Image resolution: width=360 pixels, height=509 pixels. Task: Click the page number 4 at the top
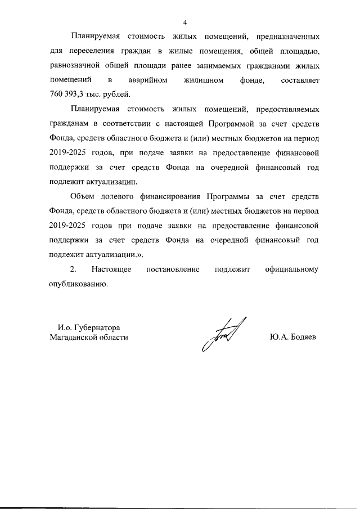coord(184,22)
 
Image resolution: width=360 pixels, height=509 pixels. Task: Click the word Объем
coord(83,197)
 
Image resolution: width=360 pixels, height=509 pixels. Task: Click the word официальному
coord(291,270)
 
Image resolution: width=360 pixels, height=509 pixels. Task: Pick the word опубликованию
coord(78,285)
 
